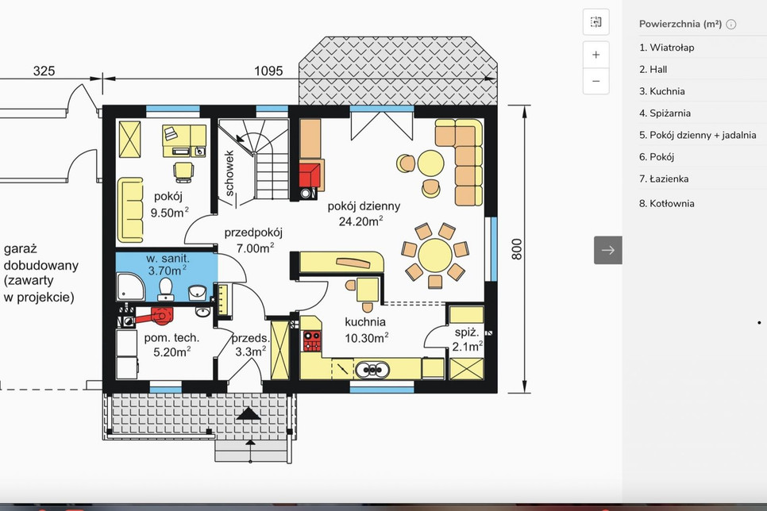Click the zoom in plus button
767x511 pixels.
[x=595, y=54]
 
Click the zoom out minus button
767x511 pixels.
[x=595, y=81]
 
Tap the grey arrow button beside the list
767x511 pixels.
[x=608, y=250]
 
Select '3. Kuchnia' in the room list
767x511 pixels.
[x=662, y=91]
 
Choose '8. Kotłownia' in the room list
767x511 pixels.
[x=667, y=203]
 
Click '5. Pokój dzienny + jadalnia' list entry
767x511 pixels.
[x=698, y=135]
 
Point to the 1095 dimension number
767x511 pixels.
[x=268, y=71]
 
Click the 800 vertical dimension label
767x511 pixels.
[x=517, y=249]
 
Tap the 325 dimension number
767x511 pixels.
[x=44, y=71]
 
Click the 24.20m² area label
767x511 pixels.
[x=361, y=221]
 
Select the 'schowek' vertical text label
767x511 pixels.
[x=229, y=173]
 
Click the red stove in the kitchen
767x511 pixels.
[x=311, y=341]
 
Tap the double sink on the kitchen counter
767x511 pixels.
[x=372, y=371]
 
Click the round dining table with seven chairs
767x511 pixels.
[x=435, y=254]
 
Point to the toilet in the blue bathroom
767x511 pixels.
[x=166, y=290]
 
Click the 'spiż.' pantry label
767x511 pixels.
[x=467, y=332]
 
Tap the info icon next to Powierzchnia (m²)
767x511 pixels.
[x=731, y=25]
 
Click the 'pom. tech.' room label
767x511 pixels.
[x=172, y=337]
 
